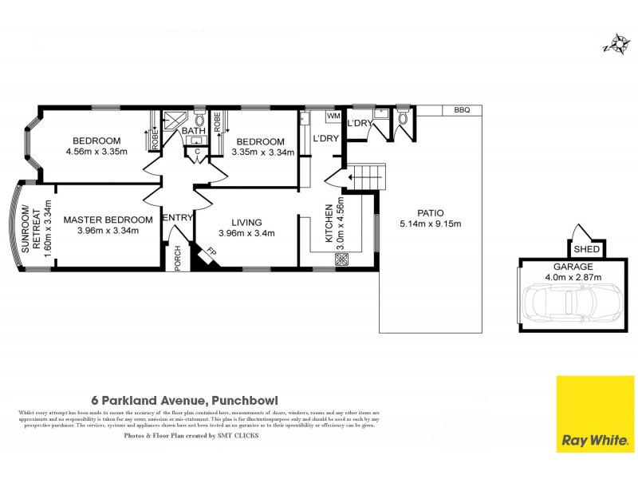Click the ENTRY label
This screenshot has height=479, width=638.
(178, 218)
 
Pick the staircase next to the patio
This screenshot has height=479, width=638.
(368, 176)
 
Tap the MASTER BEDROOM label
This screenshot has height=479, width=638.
(108, 220)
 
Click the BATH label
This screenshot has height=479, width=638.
(193, 131)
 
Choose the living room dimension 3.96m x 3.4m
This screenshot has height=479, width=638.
(246, 234)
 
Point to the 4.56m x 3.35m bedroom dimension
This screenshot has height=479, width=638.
(96, 152)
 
